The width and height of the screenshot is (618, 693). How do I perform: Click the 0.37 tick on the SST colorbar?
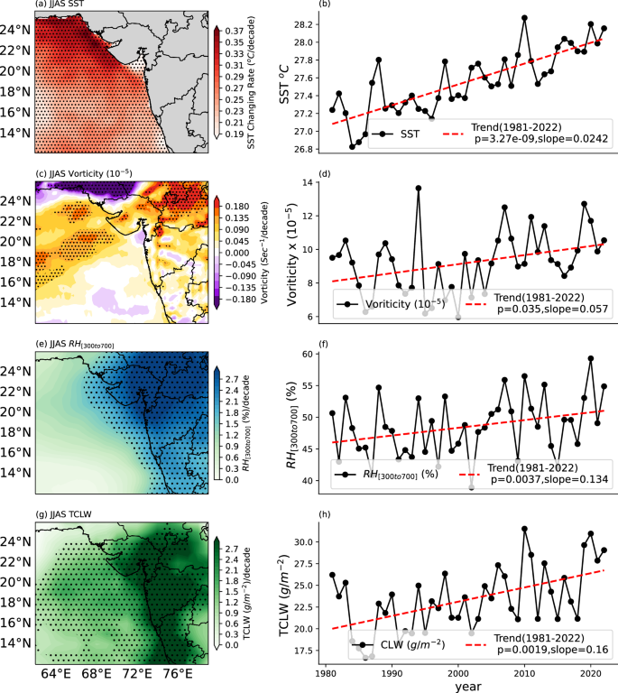234,30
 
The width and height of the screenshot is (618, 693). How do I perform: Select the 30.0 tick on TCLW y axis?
308,541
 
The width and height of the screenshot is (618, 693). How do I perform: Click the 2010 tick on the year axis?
524,672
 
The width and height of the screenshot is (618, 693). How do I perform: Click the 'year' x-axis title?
466,686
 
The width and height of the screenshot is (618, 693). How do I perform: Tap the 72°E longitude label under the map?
136,673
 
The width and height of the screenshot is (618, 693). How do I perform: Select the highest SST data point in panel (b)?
524,17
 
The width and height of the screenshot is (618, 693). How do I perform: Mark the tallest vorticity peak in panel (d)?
419,188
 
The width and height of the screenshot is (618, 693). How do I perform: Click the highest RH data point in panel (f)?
591,358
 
